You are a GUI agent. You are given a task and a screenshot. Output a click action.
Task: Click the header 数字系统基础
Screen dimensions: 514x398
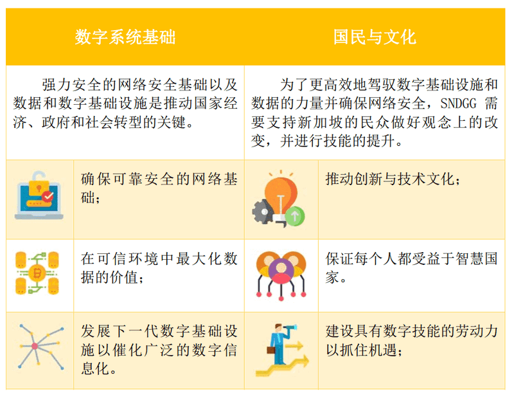(x=125, y=37)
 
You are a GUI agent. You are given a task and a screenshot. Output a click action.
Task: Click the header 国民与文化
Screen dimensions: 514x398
(x=375, y=37)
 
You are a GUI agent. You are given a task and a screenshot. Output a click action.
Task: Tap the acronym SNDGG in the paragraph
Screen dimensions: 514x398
(x=458, y=104)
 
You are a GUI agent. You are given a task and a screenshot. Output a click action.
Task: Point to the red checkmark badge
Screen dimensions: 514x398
(x=48, y=196)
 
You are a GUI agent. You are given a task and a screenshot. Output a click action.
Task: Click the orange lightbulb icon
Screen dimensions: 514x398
(x=281, y=197)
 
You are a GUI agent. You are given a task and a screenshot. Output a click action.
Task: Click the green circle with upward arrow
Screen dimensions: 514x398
(x=295, y=216)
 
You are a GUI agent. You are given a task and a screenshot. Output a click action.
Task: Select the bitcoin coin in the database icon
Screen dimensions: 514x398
(x=37, y=273)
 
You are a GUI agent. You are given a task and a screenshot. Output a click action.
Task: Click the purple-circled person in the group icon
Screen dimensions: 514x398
(x=281, y=271)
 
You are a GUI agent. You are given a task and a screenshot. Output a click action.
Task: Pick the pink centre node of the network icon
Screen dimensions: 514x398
(x=35, y=346)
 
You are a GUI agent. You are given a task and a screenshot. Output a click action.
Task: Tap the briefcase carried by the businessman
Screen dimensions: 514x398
(x=270, y=350)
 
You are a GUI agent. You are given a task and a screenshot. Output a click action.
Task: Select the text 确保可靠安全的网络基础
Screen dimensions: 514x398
(x=159, y=188)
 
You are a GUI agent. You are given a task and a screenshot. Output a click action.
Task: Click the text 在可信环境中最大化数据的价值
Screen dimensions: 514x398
(x=159, y=268)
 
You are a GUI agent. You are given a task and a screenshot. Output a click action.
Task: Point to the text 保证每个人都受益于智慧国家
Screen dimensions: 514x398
(x=411, y=268)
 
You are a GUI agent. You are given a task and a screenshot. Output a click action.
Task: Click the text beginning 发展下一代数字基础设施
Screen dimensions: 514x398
(x=159, y=350)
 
